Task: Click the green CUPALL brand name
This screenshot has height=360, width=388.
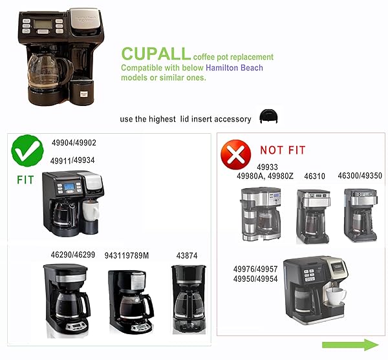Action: point(156,54)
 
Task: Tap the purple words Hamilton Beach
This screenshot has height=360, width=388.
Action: point(234,67)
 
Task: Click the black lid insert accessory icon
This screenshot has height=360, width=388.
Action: point(268,116)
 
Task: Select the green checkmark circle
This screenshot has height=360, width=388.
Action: point(27,151)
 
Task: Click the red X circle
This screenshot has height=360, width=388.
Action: point(235,154)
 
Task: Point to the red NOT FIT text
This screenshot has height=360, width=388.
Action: point(283,150)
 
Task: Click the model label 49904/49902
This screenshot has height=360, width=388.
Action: point(74,143)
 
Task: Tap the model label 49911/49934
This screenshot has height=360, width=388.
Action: point(72,160)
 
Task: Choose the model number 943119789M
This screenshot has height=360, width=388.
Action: point(127,255)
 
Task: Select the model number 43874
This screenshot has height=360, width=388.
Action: point(187,255)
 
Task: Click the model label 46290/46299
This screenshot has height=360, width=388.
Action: point(73,255)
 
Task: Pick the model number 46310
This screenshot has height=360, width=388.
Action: point(314,176)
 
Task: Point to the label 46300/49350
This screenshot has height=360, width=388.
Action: point(360,176)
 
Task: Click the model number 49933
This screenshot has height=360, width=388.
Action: point(267,167)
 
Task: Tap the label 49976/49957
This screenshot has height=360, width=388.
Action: point(255,269)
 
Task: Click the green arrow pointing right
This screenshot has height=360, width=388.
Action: point(350,344)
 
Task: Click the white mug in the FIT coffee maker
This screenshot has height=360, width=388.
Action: point(91,211)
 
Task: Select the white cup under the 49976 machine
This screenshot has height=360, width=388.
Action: point(336,296)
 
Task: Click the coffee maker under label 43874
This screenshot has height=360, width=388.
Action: point(189,299)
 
